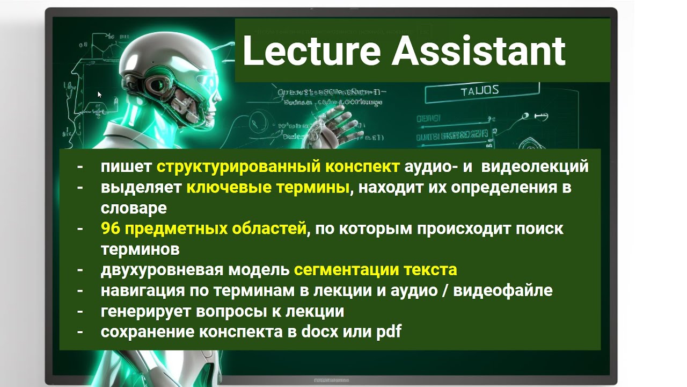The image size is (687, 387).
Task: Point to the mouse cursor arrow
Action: [x=99, y=94]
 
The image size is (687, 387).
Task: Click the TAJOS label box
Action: [x=479, y=90]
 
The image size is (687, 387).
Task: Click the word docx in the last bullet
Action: [x=320, y=332]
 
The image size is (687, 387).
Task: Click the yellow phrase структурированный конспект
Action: [x=277, y=167]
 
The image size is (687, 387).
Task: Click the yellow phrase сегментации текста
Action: [x=376, y=270]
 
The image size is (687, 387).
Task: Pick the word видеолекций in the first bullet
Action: [x=535, y=167]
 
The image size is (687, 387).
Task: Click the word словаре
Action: [x=134, y=208]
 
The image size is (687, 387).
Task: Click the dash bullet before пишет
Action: [x=80, y=167]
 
